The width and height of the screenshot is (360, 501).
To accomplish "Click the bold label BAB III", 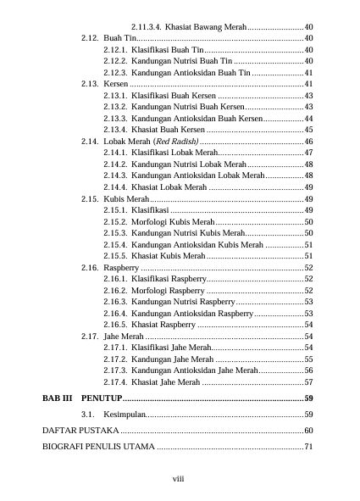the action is (58, 398).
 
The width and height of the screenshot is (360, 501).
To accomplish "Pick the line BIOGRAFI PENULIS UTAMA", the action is (98, 448).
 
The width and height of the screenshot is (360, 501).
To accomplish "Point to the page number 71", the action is (309, 448).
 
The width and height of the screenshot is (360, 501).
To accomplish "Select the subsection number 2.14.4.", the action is (114, 186).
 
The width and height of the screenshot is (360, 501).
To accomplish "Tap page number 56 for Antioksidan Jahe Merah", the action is (309, 370).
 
